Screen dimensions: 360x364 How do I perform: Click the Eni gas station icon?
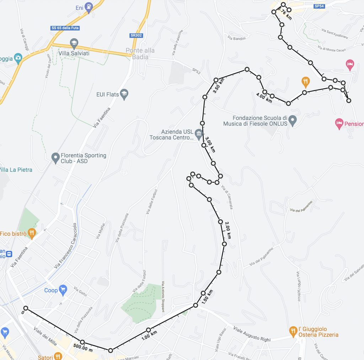click(x=89, y=7)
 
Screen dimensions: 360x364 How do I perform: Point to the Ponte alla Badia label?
click(x=140, y=54)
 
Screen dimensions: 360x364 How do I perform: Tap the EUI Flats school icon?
click(x=124, y=94)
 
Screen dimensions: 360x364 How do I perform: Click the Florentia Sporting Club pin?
click(x=55, y=158)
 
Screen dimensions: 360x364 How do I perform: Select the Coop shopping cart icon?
click(x=63, y=290)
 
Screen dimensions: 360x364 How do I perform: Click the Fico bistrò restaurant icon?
click(x=32, y=234)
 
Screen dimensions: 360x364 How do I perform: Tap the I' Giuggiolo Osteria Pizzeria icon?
click(x=293, y=332)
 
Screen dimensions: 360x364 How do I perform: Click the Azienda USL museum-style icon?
click(x=199, y=135)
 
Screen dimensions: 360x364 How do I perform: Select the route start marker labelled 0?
click(x=26, y=308)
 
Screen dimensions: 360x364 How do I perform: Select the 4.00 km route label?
click(x=264, y=98)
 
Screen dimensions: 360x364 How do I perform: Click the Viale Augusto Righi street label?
click(x=252, y=335)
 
